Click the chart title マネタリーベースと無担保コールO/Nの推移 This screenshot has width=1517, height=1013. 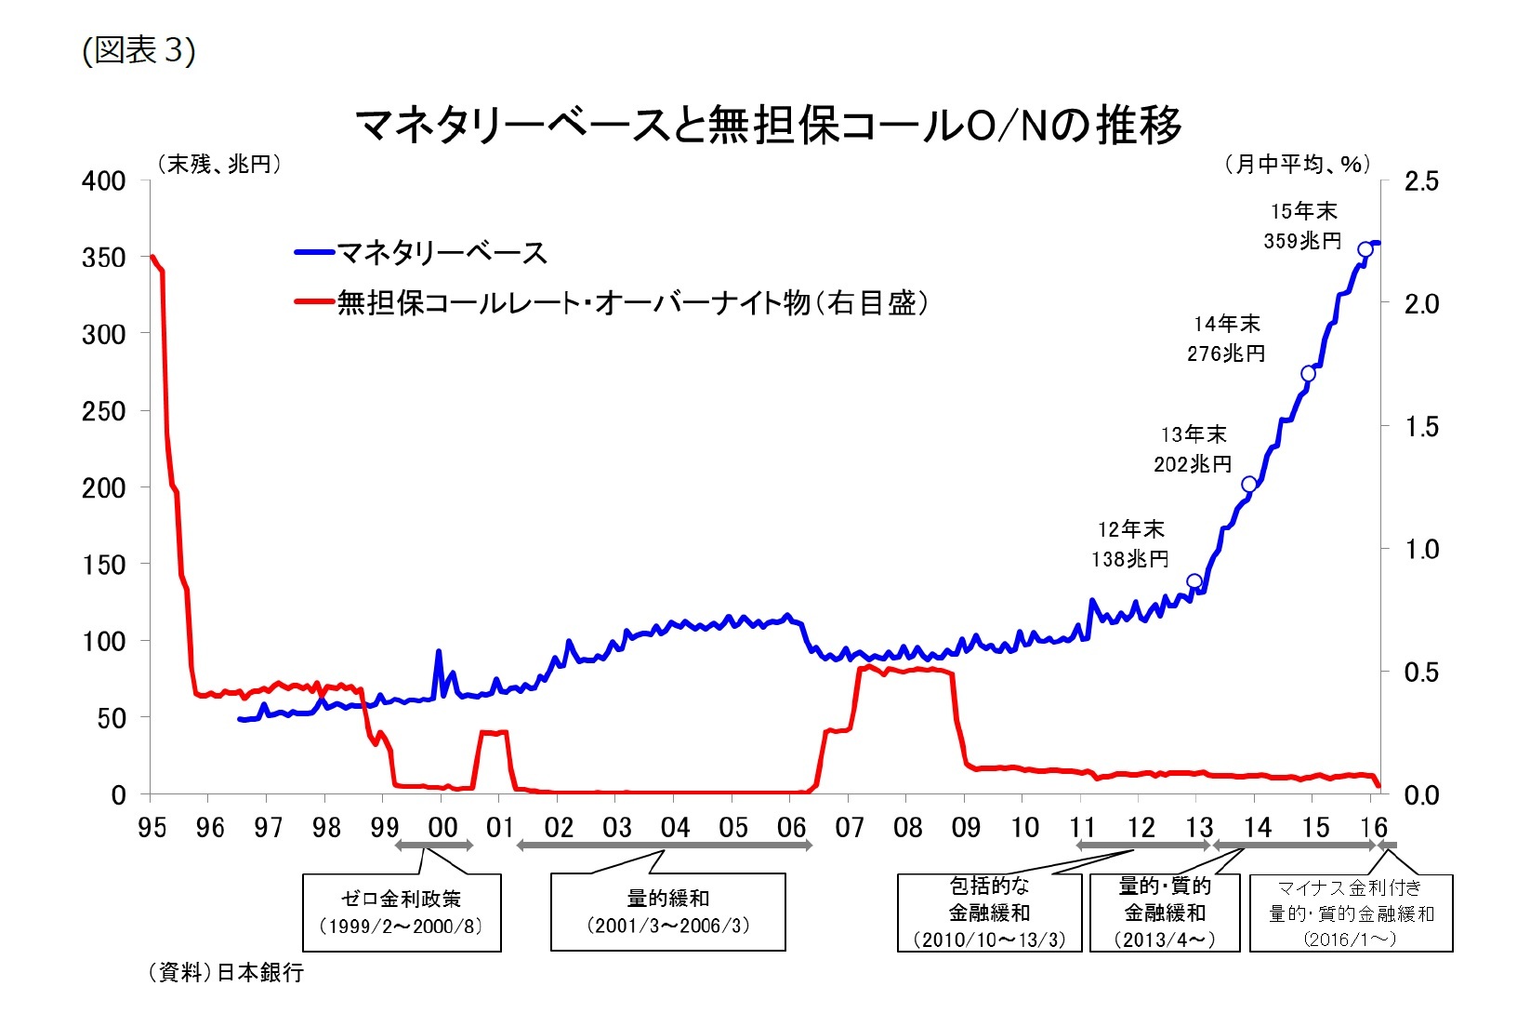tap(768, 125)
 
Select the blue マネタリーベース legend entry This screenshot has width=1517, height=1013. tap(421, 252)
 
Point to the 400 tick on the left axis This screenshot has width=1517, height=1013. tap(104, 180)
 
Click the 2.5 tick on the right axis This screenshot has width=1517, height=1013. tap(1420, 181)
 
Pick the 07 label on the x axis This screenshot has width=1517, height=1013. tap(849, 827)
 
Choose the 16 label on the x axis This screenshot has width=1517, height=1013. tap(1373, 827)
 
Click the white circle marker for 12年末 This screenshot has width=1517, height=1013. tap(1194, 581)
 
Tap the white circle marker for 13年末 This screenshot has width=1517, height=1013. tap(1249, 485)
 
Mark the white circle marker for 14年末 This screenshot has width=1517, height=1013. tap(1309, 374)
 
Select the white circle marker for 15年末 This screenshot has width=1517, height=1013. tap(1365, 249)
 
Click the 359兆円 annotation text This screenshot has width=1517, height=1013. tap(1302, 241)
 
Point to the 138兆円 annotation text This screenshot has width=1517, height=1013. tap(1130, 559)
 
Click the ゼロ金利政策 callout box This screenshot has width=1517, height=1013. tap(402, 912)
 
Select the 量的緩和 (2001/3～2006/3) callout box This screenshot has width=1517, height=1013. tap(667, 912)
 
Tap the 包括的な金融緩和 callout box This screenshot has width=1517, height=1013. tap(989, 912)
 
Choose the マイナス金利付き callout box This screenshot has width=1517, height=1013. tap(1351, 912)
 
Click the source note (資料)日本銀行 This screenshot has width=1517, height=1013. tap(226, 973)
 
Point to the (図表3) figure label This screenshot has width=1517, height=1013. tap(139, 50)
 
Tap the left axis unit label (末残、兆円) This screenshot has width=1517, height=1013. tap(219, 164)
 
